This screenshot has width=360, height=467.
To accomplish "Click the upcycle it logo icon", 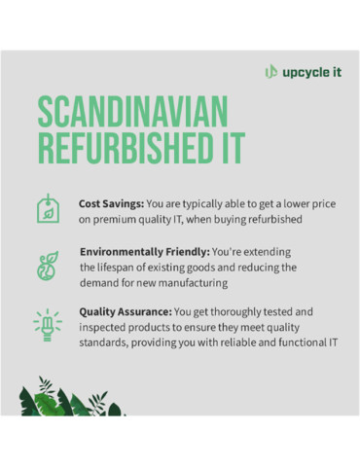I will pyautogui.click(x=270, y=71).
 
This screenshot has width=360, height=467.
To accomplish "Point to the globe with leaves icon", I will pyautogui.click(x=46, y=266).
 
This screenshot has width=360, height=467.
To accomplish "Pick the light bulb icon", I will pyautogui.click(x=46, y=324).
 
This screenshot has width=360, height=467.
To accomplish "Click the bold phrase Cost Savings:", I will pyautogui.click(x=111, y=204).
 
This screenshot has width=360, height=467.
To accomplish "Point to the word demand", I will pyautogui.click(x=102, y=282).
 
